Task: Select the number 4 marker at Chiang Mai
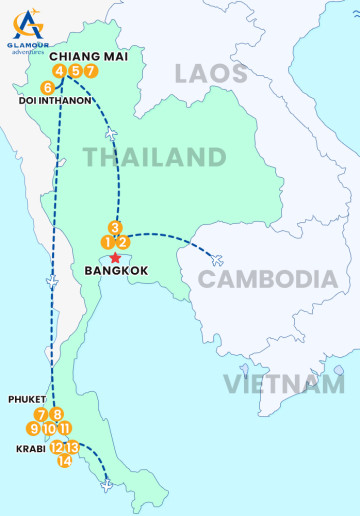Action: [59, 71]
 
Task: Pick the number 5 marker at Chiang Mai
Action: [75, 71]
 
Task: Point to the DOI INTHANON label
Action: [56, 101]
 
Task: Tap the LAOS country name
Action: [210, 73]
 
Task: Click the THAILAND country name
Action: [154, 157]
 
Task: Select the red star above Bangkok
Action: [115, 257]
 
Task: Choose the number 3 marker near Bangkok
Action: [115, 227]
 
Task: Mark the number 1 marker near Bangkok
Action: [107, 242]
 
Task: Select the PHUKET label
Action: [27, 398]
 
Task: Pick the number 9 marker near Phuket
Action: [34, 428]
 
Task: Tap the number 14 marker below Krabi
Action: [65, 460]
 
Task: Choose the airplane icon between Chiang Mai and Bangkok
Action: [110, 135]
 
